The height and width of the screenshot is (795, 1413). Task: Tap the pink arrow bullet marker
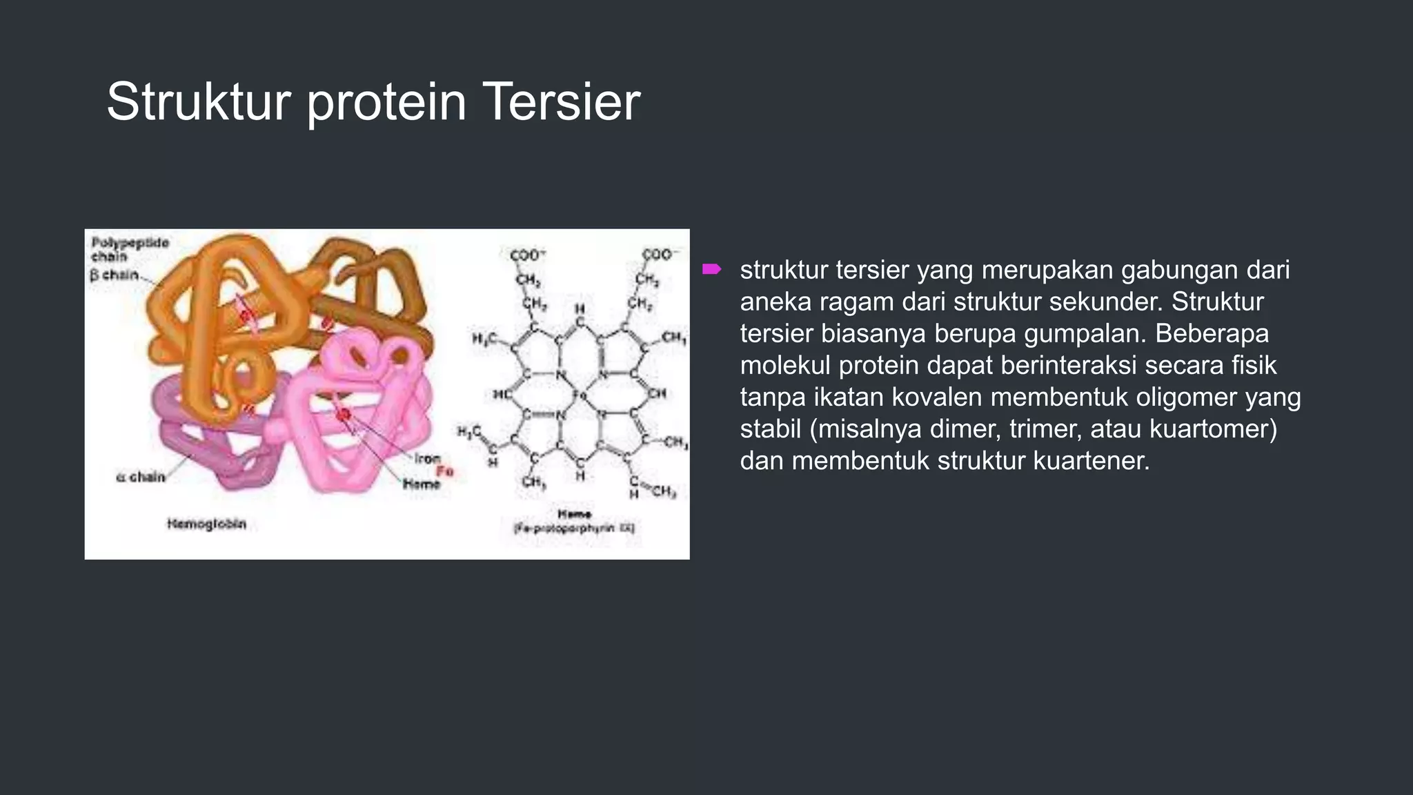click(x=711, y=269)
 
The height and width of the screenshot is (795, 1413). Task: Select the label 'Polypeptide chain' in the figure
click(x=129, y=249)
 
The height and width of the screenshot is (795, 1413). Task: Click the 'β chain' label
click(x=115, y=275)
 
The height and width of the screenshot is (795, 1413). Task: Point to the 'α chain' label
click(x=141, y=477)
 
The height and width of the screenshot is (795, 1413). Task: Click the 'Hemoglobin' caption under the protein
click(x=206, y=524)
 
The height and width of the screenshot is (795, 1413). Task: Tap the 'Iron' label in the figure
click(x=427, y=458)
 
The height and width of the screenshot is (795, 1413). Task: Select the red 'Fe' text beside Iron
click(x=444, y=471)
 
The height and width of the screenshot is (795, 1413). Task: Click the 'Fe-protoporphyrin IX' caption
click(x=574, y=529)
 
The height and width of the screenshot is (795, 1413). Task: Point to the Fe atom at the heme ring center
click(x=580, y=395)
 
